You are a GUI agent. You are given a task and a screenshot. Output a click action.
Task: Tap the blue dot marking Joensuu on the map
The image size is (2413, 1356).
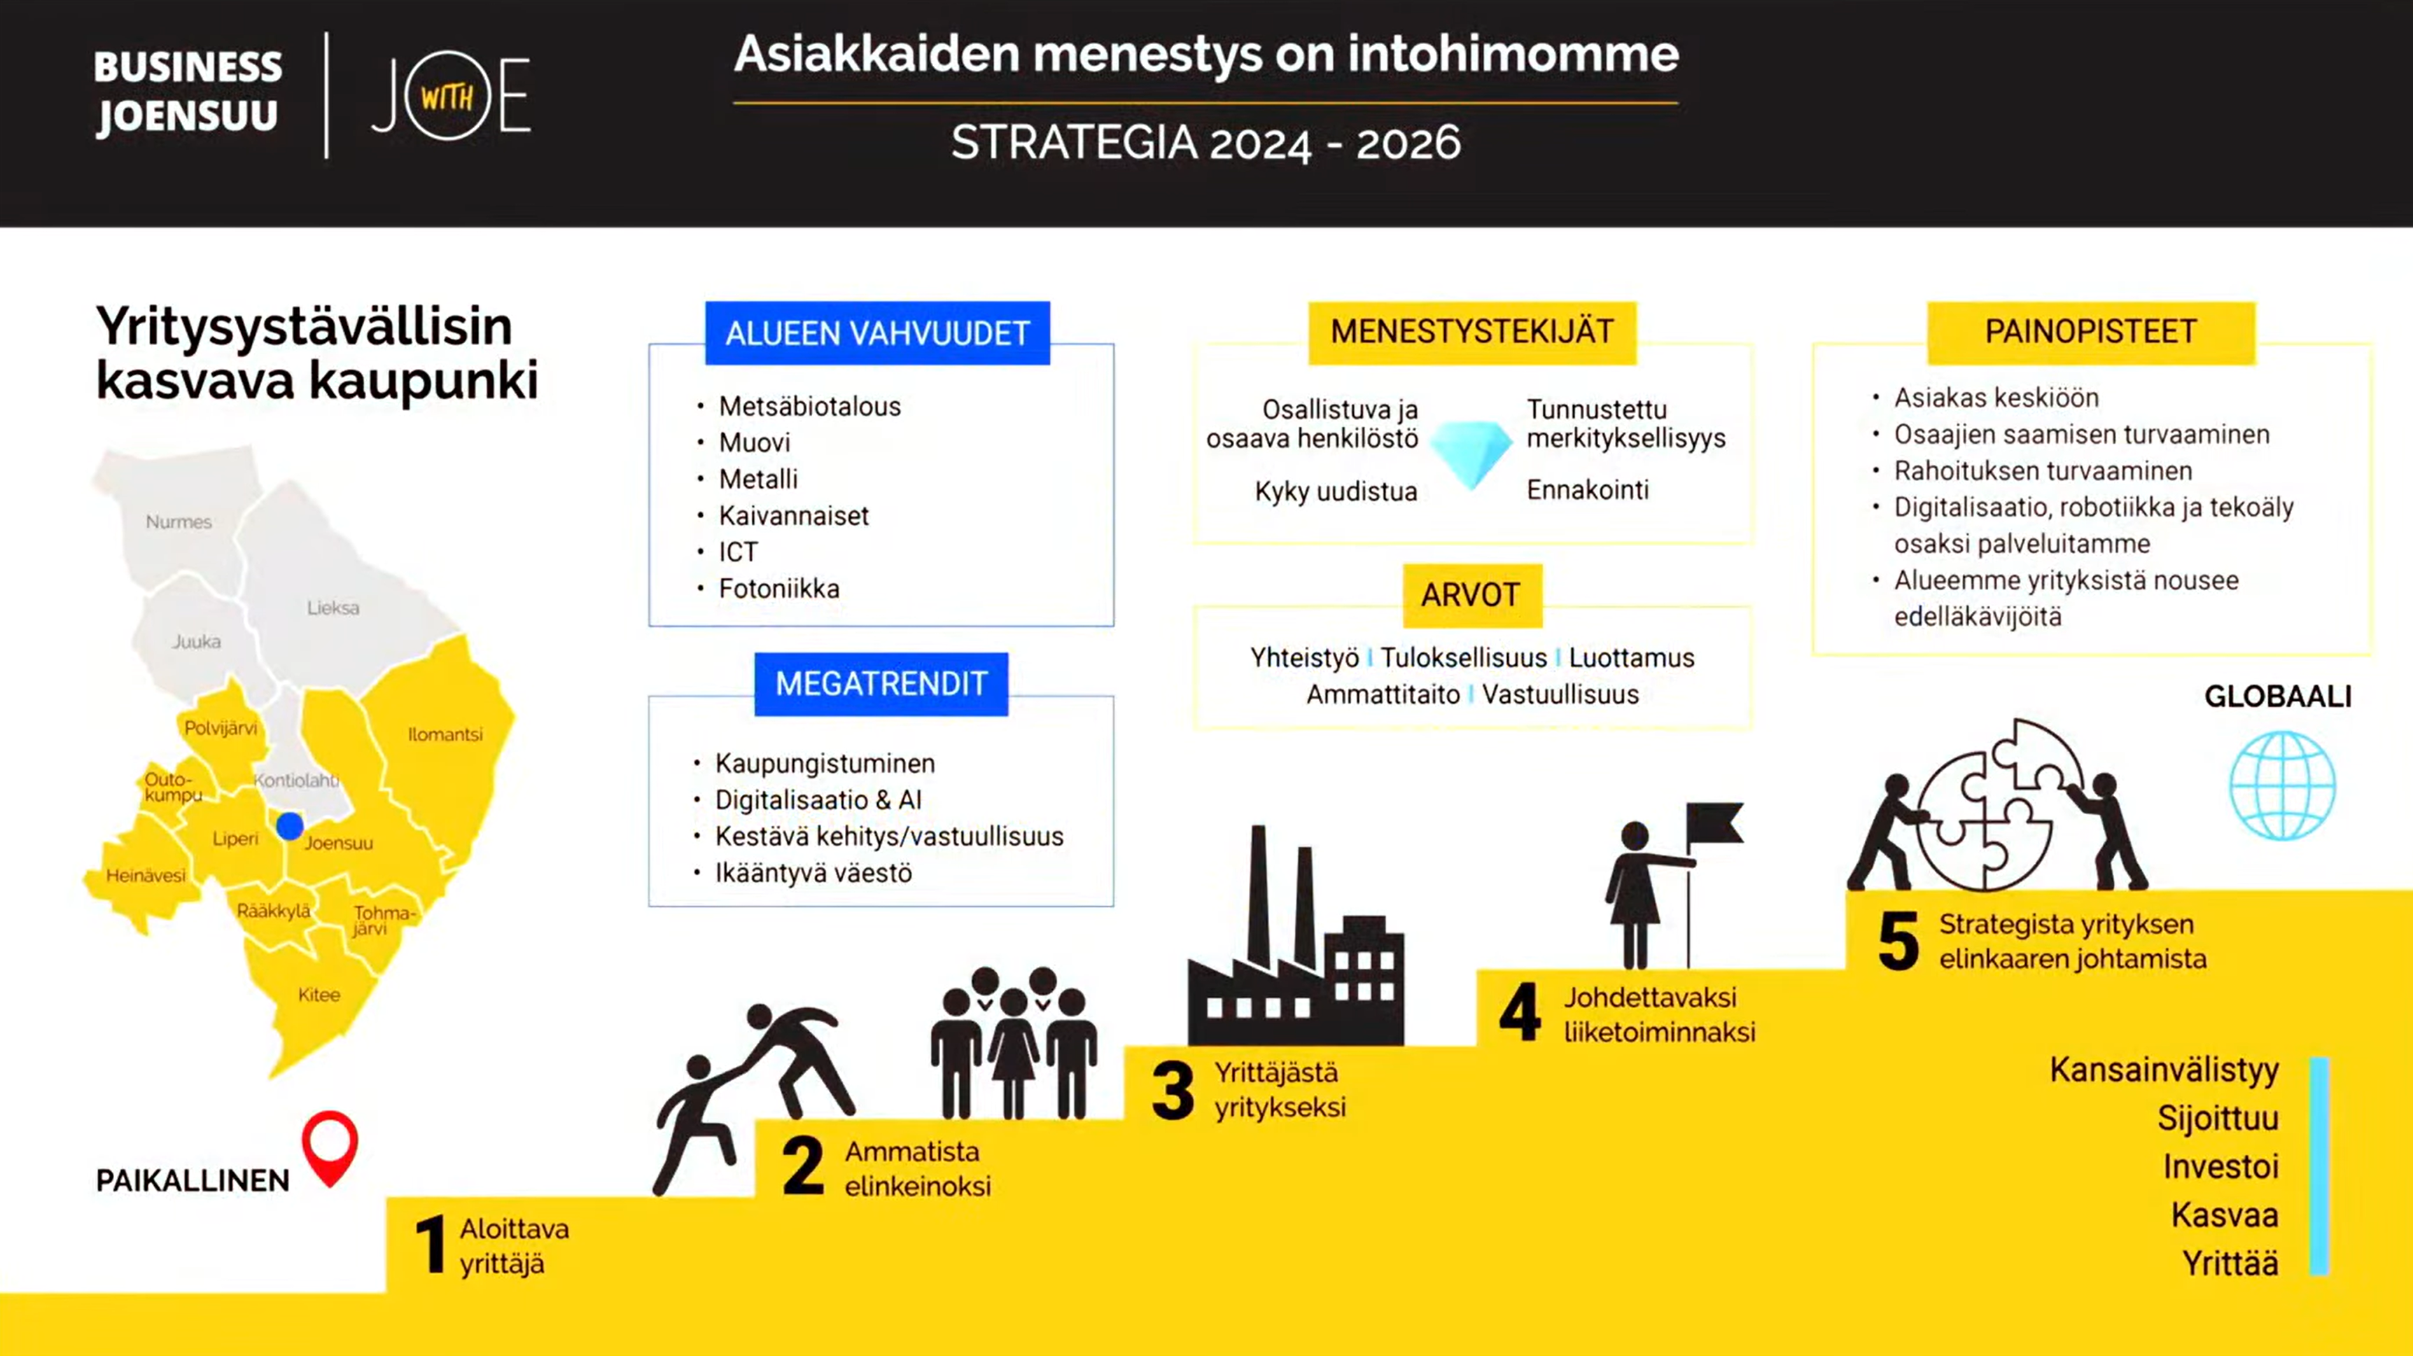coord(289,826)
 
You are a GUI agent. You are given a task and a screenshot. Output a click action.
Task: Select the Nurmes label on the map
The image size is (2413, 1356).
coord(178,522)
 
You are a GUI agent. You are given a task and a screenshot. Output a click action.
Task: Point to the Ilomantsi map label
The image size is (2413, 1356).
coord(445,734)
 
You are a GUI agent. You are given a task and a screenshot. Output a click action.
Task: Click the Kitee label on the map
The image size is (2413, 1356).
coord(319,995)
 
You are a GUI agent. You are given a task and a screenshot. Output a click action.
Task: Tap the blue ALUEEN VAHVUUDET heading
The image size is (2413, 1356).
coord(876,333)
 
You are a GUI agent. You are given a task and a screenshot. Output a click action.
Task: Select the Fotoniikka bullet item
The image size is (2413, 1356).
coord(778,588)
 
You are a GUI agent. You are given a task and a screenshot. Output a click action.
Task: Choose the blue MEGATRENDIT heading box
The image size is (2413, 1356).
coord(881,684)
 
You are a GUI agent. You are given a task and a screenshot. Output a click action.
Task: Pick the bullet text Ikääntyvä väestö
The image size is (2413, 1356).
coord(813,873)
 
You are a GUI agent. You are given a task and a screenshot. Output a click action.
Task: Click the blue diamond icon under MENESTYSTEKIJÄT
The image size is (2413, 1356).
coord(1471,452)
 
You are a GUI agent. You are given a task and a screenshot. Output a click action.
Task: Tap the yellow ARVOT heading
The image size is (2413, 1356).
coord(1471,594)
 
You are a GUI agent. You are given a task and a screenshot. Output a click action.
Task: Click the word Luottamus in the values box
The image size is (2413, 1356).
coord(1631,657)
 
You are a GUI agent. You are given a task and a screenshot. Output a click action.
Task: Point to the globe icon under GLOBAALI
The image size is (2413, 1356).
coord(2282,785)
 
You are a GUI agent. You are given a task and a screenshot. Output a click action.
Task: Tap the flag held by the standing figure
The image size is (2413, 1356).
coord(1714,824)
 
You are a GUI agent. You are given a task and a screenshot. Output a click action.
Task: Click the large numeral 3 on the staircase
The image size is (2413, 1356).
coord(1173,1091)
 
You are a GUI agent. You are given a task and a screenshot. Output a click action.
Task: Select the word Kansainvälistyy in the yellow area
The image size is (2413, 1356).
coord(2164,1070)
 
